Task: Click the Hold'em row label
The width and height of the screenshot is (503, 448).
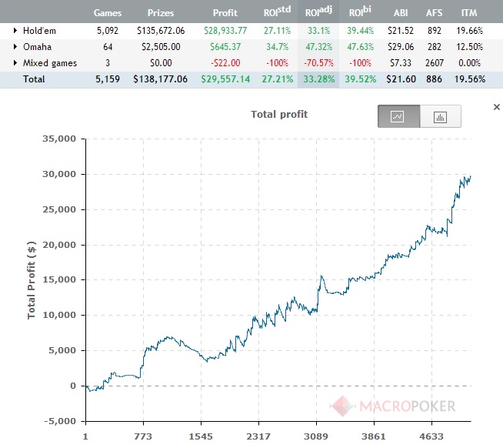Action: pyautogui.click(x=41, y=30)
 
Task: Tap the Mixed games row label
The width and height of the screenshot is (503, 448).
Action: pyautogui.click(x=50, y=63)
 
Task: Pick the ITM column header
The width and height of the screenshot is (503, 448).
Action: pyautogui.click(x=468, y=13)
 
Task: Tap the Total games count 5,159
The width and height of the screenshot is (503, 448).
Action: pyautogui.click(x=107, y=79)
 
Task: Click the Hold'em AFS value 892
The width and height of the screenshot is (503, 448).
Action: pyautogui.click(x=435, y=30)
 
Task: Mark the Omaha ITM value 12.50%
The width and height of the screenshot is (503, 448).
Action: pyautogui.click(x=468, y=47)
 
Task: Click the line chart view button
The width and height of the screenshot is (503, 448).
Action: pyautogui.click(x=398, y=116)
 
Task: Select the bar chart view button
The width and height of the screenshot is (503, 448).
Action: pyautogui.click(x=441, y=116)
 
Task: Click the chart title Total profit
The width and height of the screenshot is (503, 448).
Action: pyautogui.click(x=279, y=115)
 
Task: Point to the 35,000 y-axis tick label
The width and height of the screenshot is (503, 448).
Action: pyautogui.click(x=58, y=139)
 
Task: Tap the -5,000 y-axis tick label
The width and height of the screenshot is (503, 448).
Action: pyautogui.click(x=58, y=421)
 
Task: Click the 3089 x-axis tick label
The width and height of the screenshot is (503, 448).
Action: pyautogui.click(x=316, y=436)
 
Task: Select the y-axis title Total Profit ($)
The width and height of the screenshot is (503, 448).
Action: pyautogui.click(x=32, y=279)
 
